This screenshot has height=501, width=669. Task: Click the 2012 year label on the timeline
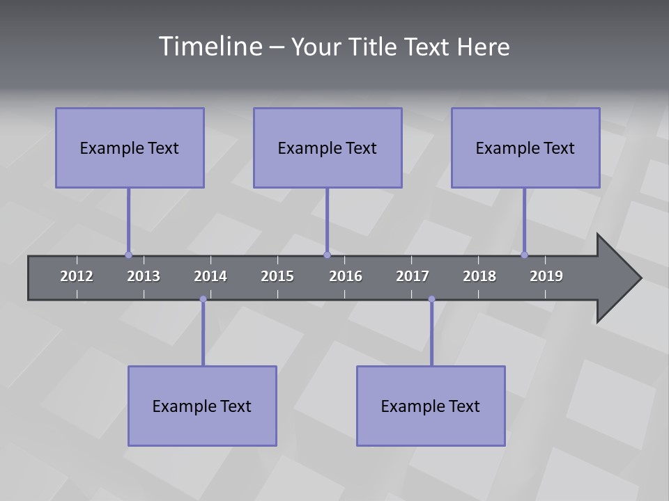tap(77, 276)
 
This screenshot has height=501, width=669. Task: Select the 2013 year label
tap(144, 276)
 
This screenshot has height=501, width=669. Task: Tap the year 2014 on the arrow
tap(210, 276)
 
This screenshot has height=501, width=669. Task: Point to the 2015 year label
tap(277, 276)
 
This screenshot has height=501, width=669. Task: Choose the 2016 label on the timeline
tap(346, 276)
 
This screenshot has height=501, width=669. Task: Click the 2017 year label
tap(413, 276)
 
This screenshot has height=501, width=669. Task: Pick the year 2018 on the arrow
tap(479, 276)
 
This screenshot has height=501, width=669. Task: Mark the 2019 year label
tap(546, 276)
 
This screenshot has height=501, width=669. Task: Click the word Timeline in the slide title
tap(209, 47)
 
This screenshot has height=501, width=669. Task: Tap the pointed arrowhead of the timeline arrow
tap(620, 278)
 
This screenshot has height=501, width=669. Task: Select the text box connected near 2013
tap(130, 148)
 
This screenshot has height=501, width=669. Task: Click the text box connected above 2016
tap(328, 148)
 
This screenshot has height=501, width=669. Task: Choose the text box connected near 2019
tap(525, 148)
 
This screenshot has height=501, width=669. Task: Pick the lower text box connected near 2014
tap(202, 406)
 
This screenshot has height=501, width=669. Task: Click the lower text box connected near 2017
tap(431, 406)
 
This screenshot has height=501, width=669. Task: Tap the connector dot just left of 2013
tap(128, 255)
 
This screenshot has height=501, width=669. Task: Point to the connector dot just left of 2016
tap(327, 255)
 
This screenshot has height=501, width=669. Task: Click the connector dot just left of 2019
tap(525, 255)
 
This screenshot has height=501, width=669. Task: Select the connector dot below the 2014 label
tap(203, 299)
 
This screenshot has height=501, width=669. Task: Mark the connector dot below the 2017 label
tap(431, 299)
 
